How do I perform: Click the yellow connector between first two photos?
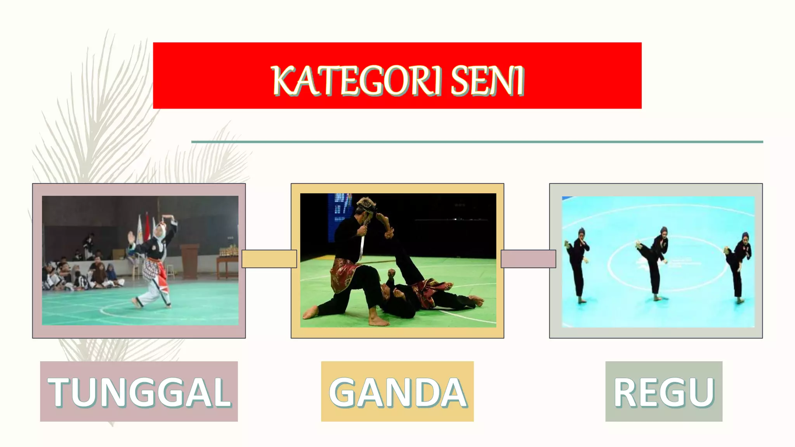pos(269,259)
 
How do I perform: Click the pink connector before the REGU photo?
pos(528,259)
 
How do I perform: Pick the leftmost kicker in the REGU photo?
pos(578,264)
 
